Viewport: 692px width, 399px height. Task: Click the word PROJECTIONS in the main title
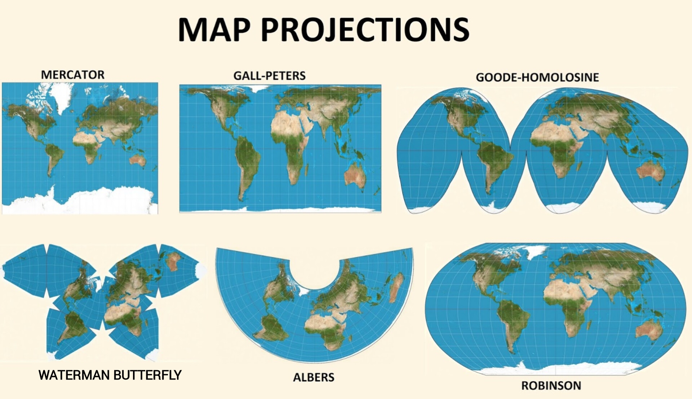point(365,30)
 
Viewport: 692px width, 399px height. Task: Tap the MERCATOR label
point(72,75)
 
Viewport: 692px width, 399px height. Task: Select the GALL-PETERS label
point(269,76)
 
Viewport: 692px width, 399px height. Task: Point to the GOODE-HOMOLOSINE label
point(537,77)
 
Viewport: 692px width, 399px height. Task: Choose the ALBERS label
point(314,377)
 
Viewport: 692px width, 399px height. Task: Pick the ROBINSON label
point(551,385)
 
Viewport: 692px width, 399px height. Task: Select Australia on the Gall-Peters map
point(355,175)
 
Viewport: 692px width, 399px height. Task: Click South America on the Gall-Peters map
point(247,162)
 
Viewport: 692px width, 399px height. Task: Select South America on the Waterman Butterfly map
point(74,326)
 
